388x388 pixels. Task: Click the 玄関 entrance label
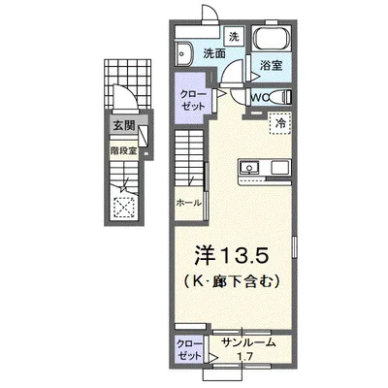coord(123,125)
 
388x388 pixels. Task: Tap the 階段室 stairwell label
coord(123,150)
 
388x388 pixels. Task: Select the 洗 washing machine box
coord(234,37)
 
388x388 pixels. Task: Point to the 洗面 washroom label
coord(214,53)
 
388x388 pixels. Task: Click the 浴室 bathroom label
coord(272,65)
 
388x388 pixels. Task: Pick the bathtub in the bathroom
coord(272,39)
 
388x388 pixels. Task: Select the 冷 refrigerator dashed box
coord(280,123)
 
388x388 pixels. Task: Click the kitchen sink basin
coord(248,168)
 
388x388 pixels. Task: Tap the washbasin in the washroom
coord(183,53)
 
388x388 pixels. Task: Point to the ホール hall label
coord(189,203)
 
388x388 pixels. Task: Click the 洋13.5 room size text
coord(231,256)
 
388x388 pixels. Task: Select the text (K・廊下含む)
coord(232,282)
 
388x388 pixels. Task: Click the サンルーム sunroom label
coord(249,342)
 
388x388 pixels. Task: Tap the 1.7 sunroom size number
coord(245,357)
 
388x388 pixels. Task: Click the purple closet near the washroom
coord(192,98)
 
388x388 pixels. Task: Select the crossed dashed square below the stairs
coord(124,208)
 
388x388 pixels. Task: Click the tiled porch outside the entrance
coord(128,83)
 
